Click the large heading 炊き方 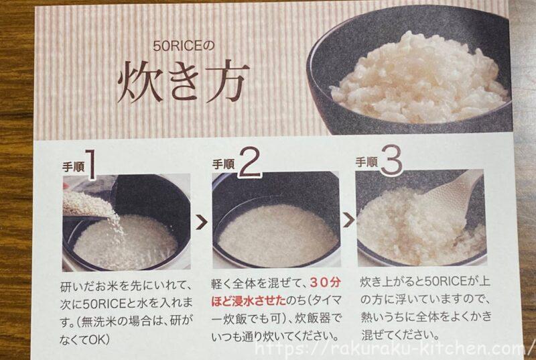pyautogui.click(x=182, y=82)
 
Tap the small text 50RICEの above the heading pyautogui.click(x=184, y=46)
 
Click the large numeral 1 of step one pyautogui.click(x=90, y=164)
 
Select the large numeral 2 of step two pyautogui.click(x=250, y=162)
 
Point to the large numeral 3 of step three pyautogui.click(x=391, y=160)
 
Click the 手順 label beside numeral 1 pyautogui.click(x=73, y=167)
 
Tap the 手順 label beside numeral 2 pyautogui.click(x=224, y=164)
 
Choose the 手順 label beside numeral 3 pyautogui.click(x=366, y=162)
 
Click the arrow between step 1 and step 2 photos pyautogui.click(x=202, y=223)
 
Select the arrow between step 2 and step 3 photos pyautogui.click(x=348, y=221)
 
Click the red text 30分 pyautogui.click(x=326, y=283)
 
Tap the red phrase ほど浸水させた pyautogui.click(x=249, y=301)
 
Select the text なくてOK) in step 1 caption pyautogui.click(x=84, y=339)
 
